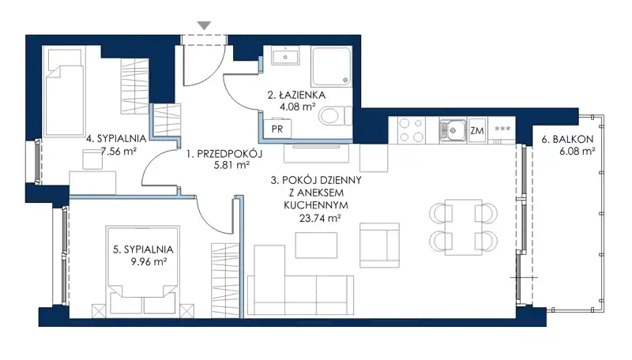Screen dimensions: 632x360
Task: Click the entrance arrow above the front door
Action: [x=205, y=26]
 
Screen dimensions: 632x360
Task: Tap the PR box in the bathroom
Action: [x=277, y=129]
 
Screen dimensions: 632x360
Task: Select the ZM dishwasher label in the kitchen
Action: [x=477, y=130]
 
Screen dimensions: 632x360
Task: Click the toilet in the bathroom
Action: [x=334, y=116]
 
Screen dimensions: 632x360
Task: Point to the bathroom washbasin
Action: [x=285, y=55]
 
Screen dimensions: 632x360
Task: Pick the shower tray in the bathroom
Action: [x=331, y=66]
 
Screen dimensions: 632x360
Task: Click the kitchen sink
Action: [x=452, y=130]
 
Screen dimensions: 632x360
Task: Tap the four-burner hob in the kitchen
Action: [x=411, y=130]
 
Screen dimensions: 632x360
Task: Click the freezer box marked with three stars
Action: [x=502, y=130]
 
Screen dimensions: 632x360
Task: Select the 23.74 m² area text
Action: [x=321, y=218]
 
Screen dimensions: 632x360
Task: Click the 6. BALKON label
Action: [x=567, y=139]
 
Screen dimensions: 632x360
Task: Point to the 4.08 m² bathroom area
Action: [x=298, y=107]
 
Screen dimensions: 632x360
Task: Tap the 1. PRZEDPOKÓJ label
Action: [x=224, y=153]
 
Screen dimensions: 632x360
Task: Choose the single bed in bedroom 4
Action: [x=65, y=92]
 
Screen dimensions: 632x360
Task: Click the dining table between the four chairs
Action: [x=464, y=227]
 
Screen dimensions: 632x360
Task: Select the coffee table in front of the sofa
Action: [x=317, y=246]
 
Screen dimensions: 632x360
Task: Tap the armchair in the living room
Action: [x=379, y=246]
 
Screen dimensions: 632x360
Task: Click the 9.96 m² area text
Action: [x=149, y=262]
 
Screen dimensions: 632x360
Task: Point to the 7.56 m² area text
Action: [x=118, y=152]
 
